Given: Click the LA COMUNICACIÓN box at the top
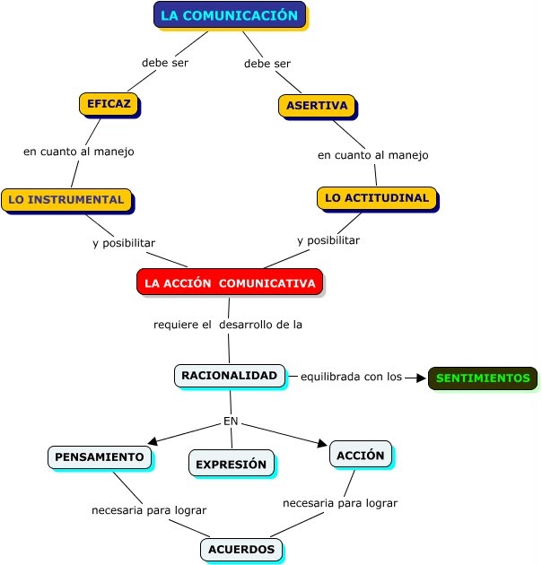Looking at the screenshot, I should point(229,15).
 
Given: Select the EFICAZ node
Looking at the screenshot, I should point(109,104).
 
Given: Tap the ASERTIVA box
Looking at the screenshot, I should point(317,106).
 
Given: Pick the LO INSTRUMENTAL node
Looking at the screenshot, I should point(66,199).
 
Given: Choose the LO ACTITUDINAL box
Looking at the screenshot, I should point(377,197).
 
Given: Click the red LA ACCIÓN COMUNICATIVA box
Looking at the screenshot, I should point(230,282).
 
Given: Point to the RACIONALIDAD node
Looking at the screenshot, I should point(230,376).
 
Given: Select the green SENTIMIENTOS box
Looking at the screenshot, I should point(483,378).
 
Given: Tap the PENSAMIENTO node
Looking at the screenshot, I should point(100,456).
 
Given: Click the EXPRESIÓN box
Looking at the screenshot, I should point(231,465).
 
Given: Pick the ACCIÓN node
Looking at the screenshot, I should point(361,455).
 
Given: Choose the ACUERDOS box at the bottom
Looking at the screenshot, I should point(241,549).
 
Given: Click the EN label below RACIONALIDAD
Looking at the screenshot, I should point(231,422).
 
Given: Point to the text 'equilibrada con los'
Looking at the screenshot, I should point(351,377).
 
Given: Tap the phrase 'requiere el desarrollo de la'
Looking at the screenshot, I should point(228,325).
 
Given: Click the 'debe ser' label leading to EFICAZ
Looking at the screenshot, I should point(165,63).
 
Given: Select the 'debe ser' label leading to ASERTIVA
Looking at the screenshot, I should point(267,64).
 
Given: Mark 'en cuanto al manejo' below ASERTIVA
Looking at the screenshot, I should point(373,155).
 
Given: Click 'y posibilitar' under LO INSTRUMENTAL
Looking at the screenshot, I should point(124,243).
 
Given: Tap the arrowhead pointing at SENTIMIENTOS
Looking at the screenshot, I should point(421,378).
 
